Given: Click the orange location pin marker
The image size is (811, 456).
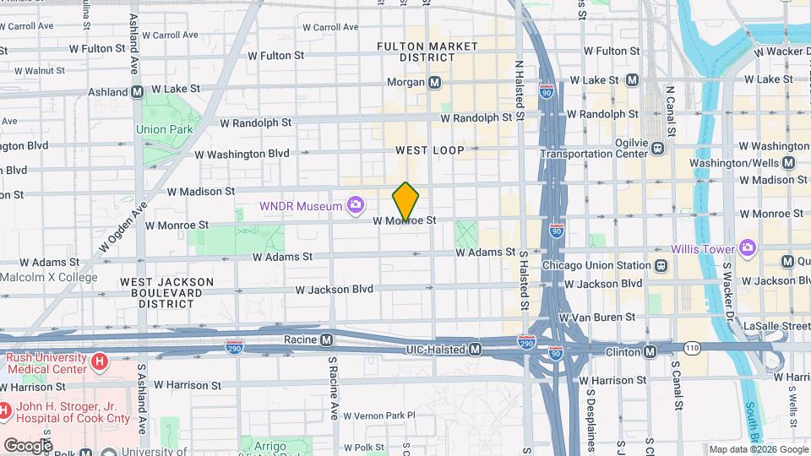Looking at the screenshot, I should click(x=406, y=202).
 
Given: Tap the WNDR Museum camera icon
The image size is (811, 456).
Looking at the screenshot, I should click(x=357, y=205).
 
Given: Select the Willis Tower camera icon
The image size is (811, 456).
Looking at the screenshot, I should click(x=747, y=248).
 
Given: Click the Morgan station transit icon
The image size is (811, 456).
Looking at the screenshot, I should click(x=435, y=83).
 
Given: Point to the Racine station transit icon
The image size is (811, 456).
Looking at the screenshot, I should click(x=327, y=339).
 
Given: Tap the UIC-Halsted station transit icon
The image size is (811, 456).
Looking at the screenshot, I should click(x=476, y=349).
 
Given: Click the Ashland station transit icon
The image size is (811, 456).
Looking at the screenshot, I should click(x=136, y=91).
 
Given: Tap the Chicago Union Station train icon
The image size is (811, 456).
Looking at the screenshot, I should click(x=661, y=265).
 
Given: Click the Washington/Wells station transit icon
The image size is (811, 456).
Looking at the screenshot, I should click(x=788, y=163).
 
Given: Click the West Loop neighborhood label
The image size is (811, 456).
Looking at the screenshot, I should click(x=430, y=150).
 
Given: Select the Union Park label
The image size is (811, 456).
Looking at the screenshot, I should click(x=164, y=129).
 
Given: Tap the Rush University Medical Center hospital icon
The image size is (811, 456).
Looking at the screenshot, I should click(x=101, y=362).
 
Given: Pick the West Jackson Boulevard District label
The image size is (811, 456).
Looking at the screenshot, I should click(x=161, y=292).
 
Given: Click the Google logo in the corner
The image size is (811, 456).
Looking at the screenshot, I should click(x=27, y=445).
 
